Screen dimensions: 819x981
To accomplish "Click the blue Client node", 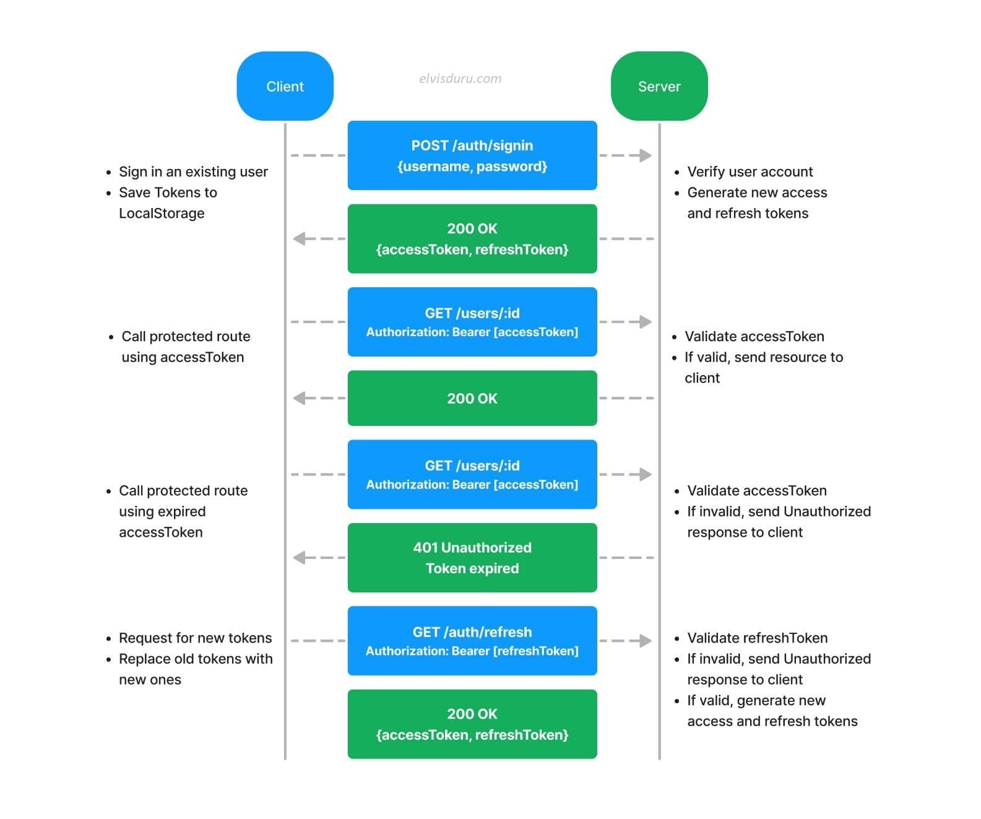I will coord(285,86).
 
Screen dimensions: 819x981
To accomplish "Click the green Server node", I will coord(659,86).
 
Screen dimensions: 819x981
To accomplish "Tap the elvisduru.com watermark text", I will coord(460,79).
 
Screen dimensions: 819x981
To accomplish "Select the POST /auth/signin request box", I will coord(472,155).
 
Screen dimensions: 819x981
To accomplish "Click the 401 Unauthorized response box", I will coord(472,557).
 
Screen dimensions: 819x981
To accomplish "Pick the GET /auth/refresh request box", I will coord(472,640).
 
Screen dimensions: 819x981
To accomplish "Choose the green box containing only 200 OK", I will coord(472,398).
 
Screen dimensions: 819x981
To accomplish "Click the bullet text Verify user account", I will coord(750,171).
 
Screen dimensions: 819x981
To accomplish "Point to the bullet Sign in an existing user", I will coord(193,171).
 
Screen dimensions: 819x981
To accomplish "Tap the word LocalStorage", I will coord(162,213).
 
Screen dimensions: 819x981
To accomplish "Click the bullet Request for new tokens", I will coord(195,638).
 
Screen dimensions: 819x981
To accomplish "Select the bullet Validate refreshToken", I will coord(757,638).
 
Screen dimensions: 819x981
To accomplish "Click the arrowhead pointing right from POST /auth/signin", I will coord(645,155).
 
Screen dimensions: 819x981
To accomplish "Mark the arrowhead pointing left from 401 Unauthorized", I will coord(300,558).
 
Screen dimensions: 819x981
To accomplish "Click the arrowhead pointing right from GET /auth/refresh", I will coord(645,641).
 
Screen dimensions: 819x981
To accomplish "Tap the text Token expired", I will coord(472,568).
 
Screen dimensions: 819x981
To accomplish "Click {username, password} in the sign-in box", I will coord(472,166).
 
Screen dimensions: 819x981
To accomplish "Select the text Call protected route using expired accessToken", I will coord(183,511).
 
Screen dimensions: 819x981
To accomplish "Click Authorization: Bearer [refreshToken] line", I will coord(472,651).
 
